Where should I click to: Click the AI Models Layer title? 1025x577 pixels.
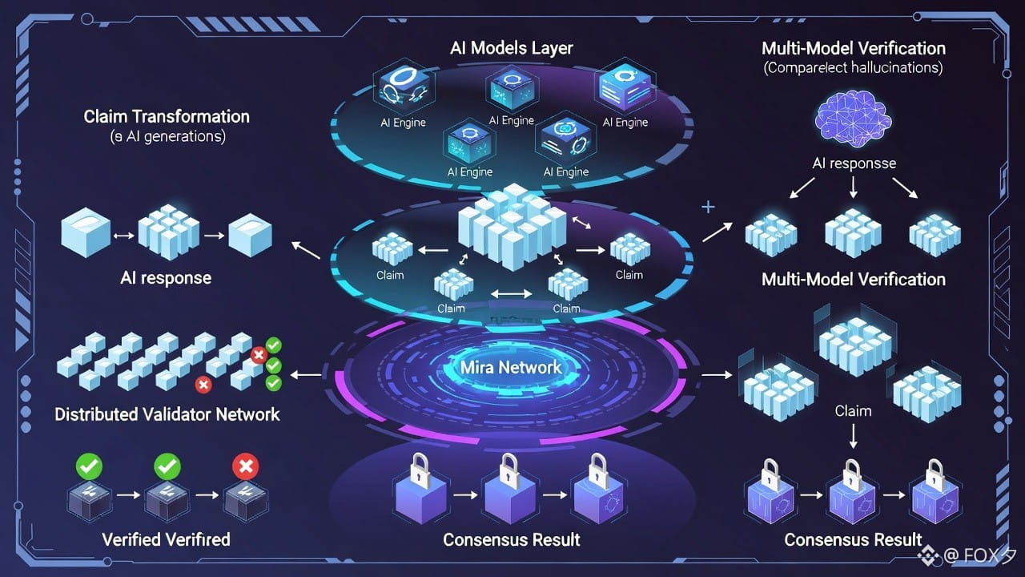pos(512,48)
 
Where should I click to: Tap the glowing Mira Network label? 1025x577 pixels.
pos(512,368)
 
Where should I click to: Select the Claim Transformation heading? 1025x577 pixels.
pos(167,116)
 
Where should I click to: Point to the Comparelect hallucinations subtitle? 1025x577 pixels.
pos(853,68)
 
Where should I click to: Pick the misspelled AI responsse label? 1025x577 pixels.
pos(854,163)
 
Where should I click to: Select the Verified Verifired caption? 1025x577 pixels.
pos(166,539)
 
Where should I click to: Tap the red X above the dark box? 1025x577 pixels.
pos(244,466)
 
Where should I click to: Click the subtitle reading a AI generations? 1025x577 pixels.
pos(167,136)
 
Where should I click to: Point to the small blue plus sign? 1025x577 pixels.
pos(708,208)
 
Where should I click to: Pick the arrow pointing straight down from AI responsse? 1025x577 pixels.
pos(853,188)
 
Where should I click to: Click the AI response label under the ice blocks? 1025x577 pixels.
pos(166,278)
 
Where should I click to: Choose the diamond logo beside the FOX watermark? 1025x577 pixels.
pos(928,555)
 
